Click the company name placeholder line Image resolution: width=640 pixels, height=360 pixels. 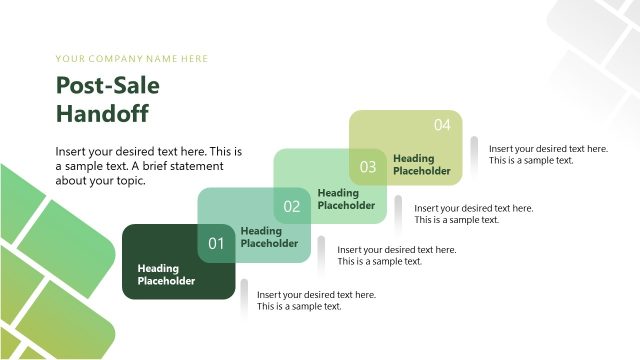click(x=132, y=58)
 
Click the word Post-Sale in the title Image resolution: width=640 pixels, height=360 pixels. click(x=107, y=86)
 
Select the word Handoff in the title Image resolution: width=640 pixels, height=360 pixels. click(x=102, y=113)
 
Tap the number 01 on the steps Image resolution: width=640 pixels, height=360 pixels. click(x=216, y=243)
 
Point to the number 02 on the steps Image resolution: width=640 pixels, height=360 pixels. click(x=292, y=207)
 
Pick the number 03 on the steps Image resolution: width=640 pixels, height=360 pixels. click(x=368, y=167)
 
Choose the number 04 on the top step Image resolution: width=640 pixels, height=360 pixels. click(x=442, y=125)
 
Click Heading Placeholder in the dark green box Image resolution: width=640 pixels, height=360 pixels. click(x=166, y=274)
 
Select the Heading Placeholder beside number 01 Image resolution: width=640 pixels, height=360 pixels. click(x=269, y=237)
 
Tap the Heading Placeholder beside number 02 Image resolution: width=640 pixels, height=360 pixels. click(x=345, y=199)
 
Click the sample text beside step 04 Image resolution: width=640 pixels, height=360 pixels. click(x=548, y=154)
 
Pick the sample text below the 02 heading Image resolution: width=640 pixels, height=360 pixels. click(x=397, y=255)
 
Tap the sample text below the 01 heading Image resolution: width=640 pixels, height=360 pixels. click(x=316, y=300)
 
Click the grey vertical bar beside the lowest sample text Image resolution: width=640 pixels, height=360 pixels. click(x=244, y=300)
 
